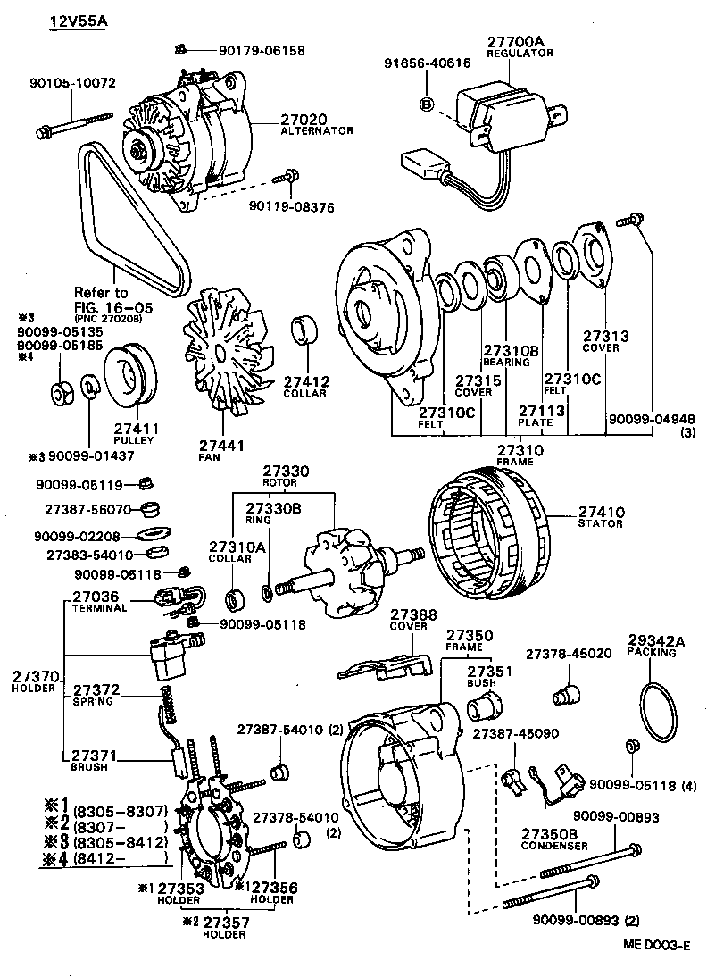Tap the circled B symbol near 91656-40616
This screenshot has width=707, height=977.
pos(427,104)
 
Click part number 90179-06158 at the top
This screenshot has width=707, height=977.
pos(262,51)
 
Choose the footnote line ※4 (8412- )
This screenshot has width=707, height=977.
pos(107,859)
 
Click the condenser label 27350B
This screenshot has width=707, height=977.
pos(550,834)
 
